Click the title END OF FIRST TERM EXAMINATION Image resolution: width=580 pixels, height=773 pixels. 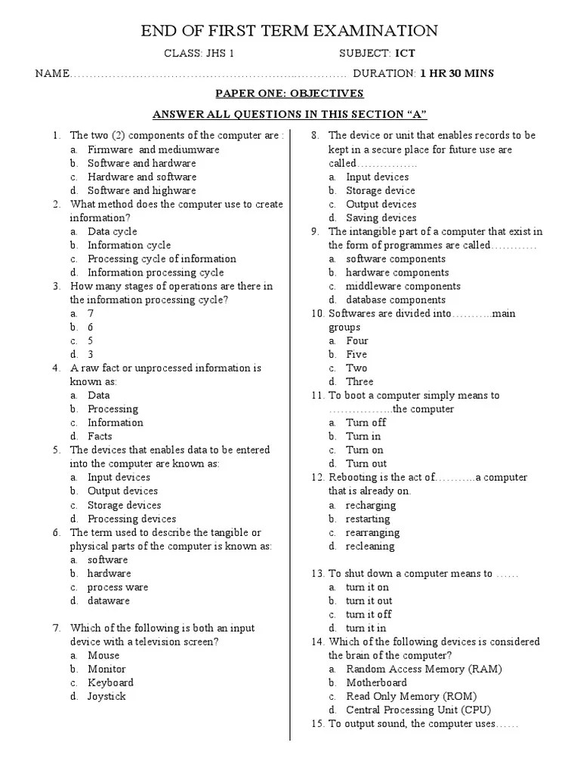point(289,30)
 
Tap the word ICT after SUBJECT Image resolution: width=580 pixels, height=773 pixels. point(405,54)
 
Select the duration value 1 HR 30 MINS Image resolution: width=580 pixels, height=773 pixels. point(457,73)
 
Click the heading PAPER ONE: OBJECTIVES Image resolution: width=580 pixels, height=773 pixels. point(289,94)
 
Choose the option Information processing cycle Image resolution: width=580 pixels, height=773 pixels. point(156,273)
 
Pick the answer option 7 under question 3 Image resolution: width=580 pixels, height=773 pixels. point(91,313)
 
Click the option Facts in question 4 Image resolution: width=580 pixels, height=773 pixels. point(100,436)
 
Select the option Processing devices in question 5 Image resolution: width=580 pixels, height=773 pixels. point(131,519)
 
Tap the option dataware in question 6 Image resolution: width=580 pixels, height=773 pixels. point(109,601)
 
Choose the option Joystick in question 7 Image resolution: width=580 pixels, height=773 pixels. point(106,696)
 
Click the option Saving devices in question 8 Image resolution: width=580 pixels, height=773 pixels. point(381,218)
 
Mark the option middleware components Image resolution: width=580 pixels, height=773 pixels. point(403,286)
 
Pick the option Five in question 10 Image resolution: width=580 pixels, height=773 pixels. point(356,354)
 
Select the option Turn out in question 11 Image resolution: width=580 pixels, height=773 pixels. point(366,463)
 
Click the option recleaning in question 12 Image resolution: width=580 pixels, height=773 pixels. point(370,546)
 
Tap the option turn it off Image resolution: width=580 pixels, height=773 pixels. point(369,614)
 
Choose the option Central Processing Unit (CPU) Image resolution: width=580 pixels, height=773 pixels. point(418,710)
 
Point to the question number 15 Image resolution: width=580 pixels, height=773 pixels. point(317,724)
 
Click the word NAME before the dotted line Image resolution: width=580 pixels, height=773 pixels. point(51,74)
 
